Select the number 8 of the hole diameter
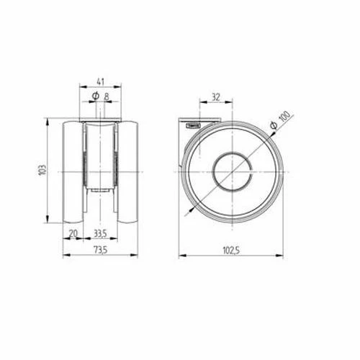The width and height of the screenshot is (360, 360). click(107, 96)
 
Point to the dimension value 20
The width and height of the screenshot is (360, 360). click(73, 233)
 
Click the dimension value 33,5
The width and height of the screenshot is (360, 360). click(102, 233)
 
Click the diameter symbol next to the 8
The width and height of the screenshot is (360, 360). click(95, 96)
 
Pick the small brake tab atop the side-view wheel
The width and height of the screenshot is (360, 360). click(194, 124)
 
